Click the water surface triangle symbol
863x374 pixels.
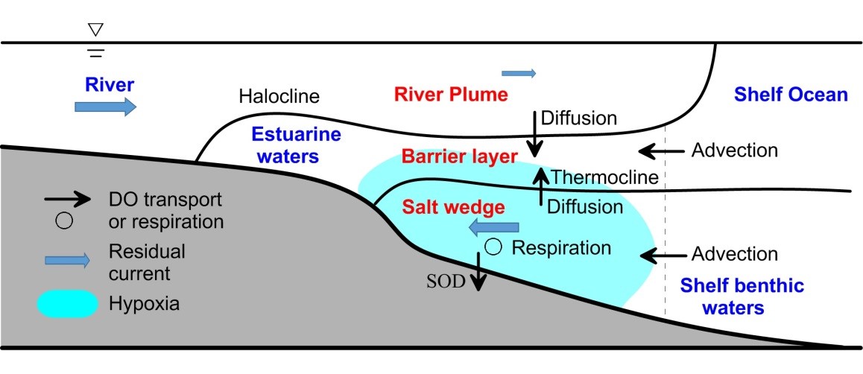point(95,30)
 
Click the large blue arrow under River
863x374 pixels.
point(105,107)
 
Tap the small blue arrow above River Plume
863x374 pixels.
point(519,73)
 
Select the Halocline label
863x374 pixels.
point(279,96)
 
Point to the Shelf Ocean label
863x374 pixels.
point(791,95)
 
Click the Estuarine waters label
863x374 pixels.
point(285,146)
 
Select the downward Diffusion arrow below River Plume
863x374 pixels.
point(534,132)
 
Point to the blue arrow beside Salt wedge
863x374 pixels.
point(493,227)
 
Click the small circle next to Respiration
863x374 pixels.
point(491,246)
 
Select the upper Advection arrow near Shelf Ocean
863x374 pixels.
point(660,151)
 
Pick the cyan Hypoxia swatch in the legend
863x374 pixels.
point(67,303)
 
